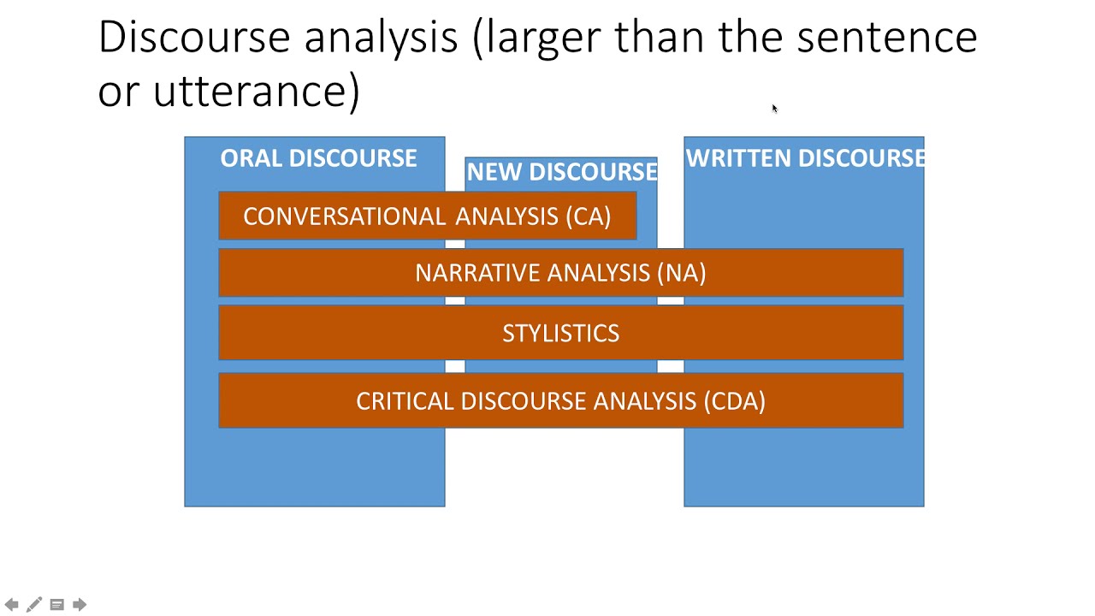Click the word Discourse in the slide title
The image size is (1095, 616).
coord(194,38)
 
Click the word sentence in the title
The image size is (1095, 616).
coord(886,38)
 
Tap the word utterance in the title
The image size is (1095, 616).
coord(257,91)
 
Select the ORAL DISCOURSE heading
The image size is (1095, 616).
coord(318,158)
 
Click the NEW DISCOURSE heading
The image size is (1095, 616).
coord(561,172)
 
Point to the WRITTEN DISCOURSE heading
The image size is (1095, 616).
coord(804,158)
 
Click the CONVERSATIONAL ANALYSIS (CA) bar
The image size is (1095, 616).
coord(427,216)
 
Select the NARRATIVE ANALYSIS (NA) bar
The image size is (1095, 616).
coord(560,273)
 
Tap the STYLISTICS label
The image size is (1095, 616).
coord(560,334)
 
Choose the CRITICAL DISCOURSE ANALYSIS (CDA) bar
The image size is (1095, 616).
coord(560,401)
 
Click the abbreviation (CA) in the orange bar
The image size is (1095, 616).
coord(589,216)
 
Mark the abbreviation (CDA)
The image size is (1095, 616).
coord(734,401)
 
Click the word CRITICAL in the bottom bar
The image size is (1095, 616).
coord(405,401)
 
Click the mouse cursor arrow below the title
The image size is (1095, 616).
coord(774,109)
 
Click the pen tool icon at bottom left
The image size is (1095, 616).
coord(34,605)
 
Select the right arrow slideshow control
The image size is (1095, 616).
coord(80,605)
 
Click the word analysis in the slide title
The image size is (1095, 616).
coord(381,38)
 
